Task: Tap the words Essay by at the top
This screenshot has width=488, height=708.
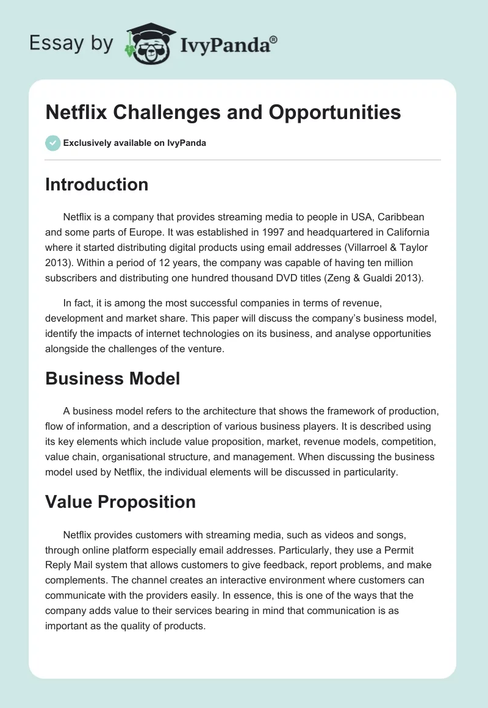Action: (71, 43)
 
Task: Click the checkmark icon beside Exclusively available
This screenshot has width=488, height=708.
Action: (52, 143)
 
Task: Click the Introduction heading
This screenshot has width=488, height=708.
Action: (96, 184)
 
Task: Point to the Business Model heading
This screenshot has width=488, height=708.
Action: (112, 378)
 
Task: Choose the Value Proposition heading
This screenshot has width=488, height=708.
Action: (120, 502)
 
